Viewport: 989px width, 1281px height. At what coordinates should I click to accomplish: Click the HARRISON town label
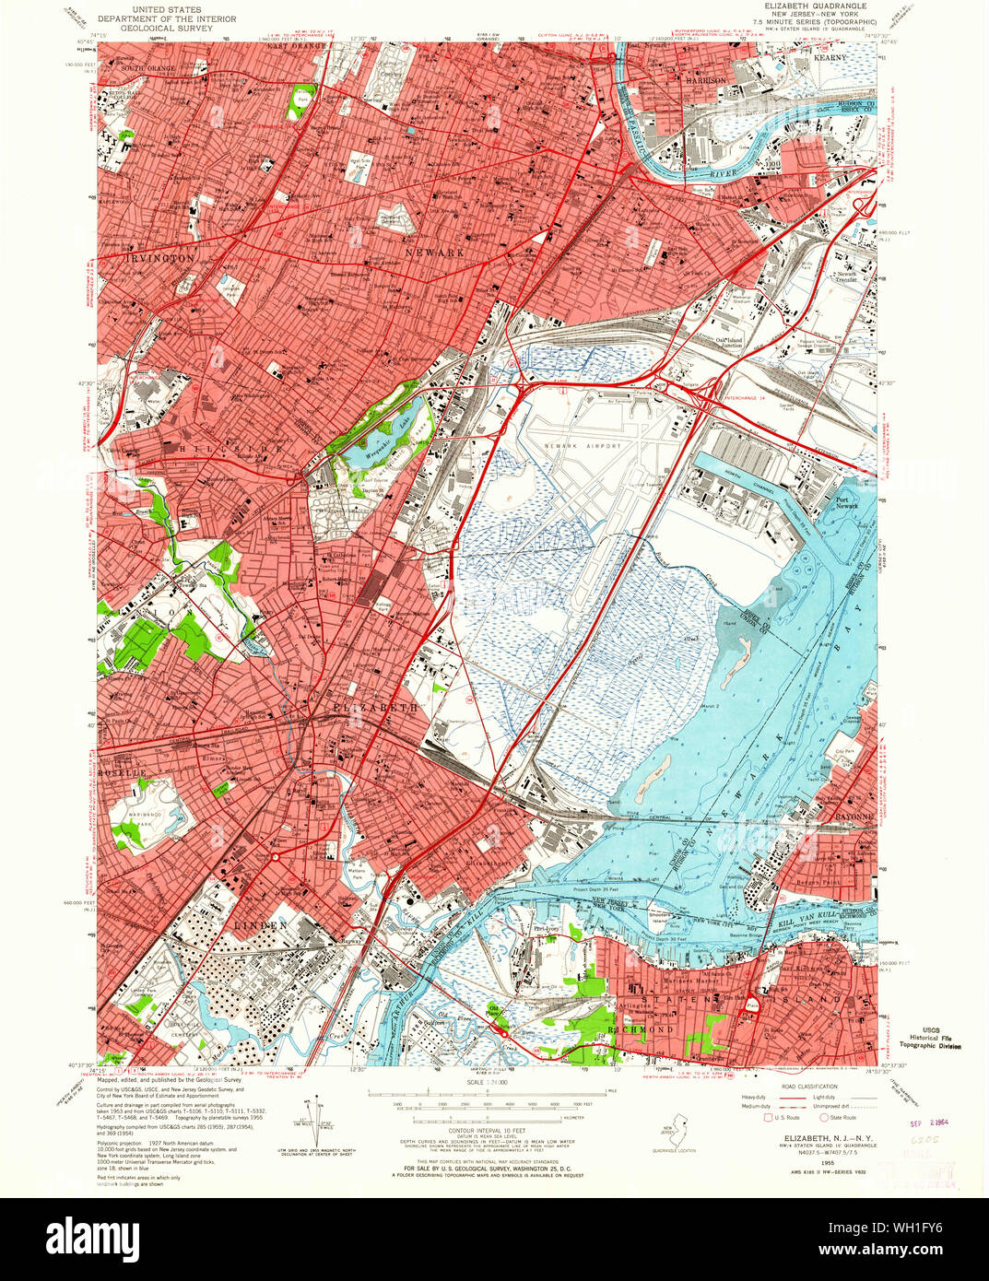tap(706, 81)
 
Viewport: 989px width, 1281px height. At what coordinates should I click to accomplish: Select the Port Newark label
tap(847, 503)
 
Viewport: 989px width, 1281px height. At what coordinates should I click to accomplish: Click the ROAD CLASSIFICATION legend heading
tap(804, 1087)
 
